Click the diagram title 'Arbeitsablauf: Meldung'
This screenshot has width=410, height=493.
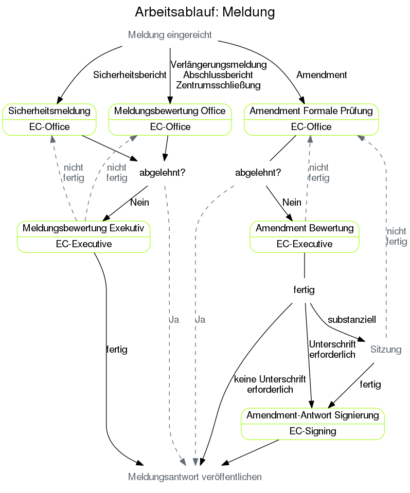(x=205, y=12)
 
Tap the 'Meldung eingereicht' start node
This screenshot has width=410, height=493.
(x=170, y=35)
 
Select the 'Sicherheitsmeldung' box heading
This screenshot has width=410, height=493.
(x=49, y=111)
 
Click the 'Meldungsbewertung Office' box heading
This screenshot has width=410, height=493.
(x=170, y=111)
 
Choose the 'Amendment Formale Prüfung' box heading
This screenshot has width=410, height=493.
(x=311, y=111)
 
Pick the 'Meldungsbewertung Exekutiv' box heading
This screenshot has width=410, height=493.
(x=84, y=228)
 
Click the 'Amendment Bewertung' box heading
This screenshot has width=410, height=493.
(x=305, y=228)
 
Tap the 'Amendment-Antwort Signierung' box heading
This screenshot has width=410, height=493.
(x=313, y=415)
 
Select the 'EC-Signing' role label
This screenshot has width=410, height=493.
(x=313, y=431)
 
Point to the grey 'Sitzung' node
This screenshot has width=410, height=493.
(x=386, y=350)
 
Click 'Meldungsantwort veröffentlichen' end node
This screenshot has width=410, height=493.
(x=195, y=477)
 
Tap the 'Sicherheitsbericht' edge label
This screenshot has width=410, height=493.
(x=130, y=75)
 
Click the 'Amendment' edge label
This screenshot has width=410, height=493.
(x=322, y=75)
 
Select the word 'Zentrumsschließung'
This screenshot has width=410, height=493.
(x=218, y=85)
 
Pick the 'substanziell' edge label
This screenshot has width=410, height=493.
(x=352, y=319)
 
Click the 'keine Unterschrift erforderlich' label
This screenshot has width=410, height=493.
(x=270, y=384)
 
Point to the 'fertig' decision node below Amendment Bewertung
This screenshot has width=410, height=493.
(x=304, y=290)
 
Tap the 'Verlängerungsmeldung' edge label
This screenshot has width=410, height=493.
(x=218, y=65)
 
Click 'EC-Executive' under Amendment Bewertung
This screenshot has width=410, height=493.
(x=305, y=244)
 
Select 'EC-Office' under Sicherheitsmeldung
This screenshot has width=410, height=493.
(x=49, y=127)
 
